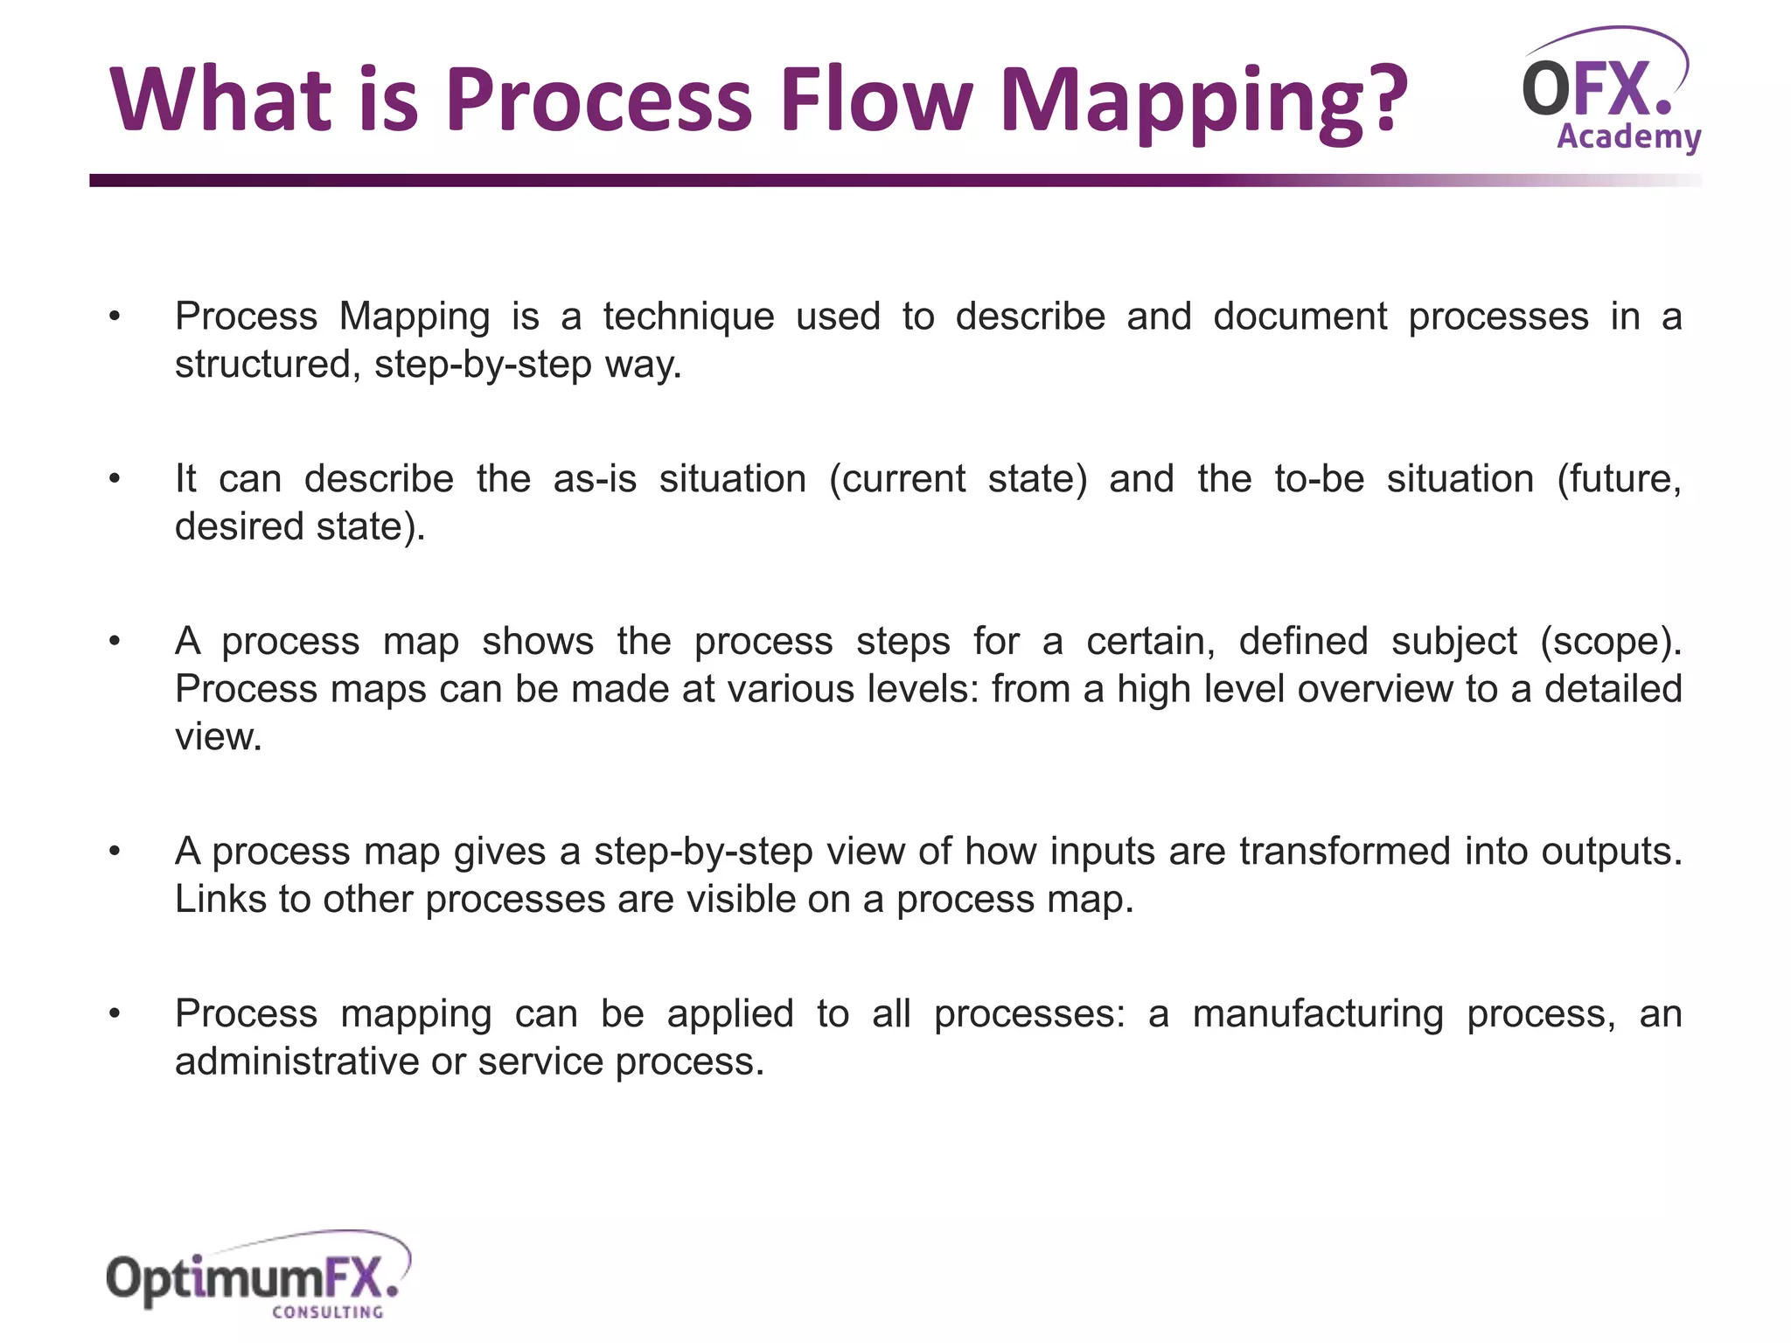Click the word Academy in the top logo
(1628, 137)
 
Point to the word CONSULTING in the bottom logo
(328, 1312)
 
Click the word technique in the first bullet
(688, 317)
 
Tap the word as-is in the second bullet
(595, 479)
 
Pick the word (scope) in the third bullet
(1610, 642)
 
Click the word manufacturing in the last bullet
(1318, 1014)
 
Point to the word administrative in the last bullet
(296, 1062)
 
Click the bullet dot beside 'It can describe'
(115, 479)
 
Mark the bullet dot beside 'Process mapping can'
(115, 1014)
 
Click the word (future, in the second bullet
(1618, 479)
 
